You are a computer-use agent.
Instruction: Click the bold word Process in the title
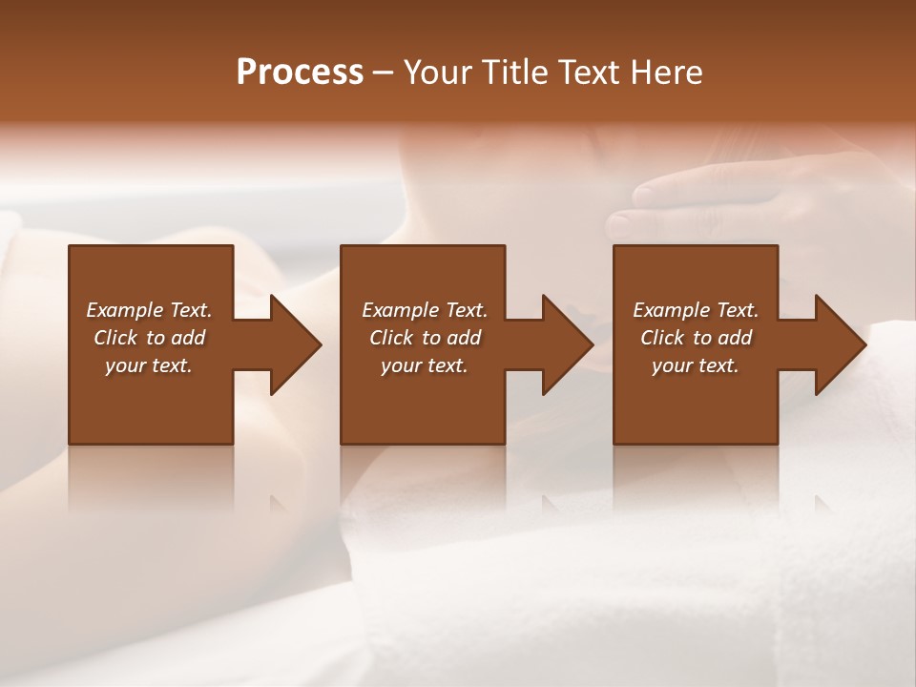(x=300, y=73)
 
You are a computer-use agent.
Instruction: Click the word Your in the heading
(x=440, y=73)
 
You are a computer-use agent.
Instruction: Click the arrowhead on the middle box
(x=565, y=344)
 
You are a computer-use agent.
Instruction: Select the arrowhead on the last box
(x=838, y=344)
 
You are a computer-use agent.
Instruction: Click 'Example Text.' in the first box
(x=149, y=310)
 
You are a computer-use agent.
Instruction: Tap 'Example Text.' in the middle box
(x=425, y=310)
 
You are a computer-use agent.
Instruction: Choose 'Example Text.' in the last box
(x=696, y=310)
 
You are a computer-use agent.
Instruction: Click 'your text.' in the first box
(x=149, y=365)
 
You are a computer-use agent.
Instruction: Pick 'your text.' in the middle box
(x=425, y=365)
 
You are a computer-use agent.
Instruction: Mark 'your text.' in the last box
(x=696, y=365)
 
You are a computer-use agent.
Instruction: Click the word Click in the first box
(x=115, y=338)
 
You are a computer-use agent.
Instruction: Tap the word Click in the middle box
(x=391, y=338)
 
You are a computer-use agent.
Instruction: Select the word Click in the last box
(x=662, y=338)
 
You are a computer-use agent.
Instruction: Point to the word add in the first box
(x=189, y=338)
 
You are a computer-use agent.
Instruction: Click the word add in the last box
(x=736, y=338)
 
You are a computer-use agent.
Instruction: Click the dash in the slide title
(x=384, y=73)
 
